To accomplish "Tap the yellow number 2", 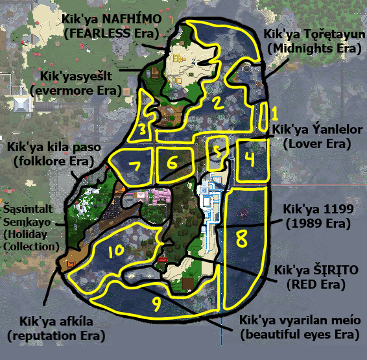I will (218, 102).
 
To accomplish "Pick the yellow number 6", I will (172, 163).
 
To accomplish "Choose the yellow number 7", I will (135, 166).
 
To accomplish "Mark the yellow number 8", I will (241, 239).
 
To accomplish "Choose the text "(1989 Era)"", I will (318, 223).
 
